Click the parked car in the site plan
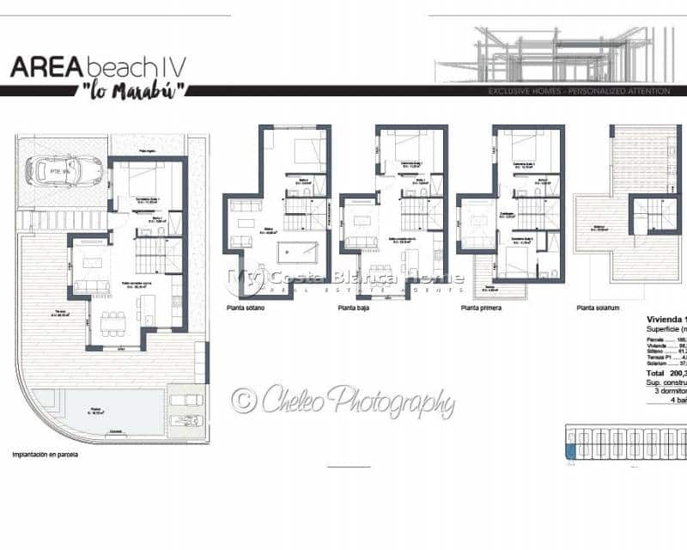[64, 170]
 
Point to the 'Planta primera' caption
[481, 307]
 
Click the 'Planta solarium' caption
[598, 307]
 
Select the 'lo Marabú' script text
[127, 90]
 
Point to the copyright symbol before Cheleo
[243, 400]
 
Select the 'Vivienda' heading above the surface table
[666, 319]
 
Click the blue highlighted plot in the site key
[569, 450]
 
